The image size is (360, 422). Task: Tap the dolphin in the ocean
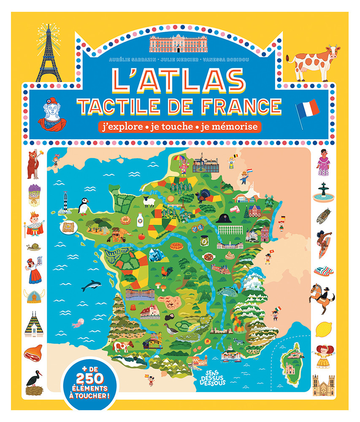coord(92,286)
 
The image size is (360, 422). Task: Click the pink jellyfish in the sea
coord(77,324)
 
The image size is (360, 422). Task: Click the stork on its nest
coord(34,383)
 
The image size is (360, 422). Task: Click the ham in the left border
coord(33,353)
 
